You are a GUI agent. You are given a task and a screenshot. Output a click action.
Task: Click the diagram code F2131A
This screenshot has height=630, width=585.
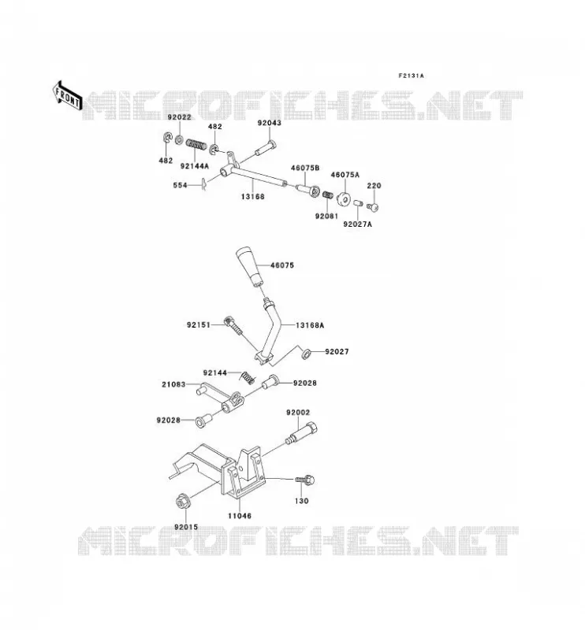[x=412, y=76]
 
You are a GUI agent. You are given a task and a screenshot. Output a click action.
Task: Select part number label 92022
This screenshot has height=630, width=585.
[x=180, y=117]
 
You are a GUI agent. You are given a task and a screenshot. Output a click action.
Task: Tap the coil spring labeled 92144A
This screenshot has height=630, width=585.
[x=197, y=144]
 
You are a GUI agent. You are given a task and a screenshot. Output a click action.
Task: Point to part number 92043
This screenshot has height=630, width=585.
[x=270, y=123]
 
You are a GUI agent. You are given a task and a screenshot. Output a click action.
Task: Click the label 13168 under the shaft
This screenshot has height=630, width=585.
[x=252, y=196]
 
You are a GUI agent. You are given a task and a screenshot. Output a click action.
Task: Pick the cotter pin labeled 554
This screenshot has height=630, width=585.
[x=204, y=184]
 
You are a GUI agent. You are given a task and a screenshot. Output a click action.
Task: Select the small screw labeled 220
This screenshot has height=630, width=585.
[x=373, y=207]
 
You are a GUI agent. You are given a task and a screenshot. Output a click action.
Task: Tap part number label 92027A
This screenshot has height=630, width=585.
[x=358, y=224]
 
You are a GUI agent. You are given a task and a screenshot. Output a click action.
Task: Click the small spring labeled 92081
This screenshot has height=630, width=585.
[x=328, y=195]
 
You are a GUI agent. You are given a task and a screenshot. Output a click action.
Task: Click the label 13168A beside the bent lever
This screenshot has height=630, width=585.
[x=310, y=325]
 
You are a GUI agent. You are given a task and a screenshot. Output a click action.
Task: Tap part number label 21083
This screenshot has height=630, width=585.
[x=173, y=384]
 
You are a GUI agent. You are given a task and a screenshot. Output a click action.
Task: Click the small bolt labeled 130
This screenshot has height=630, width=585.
[x=305, y=480]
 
